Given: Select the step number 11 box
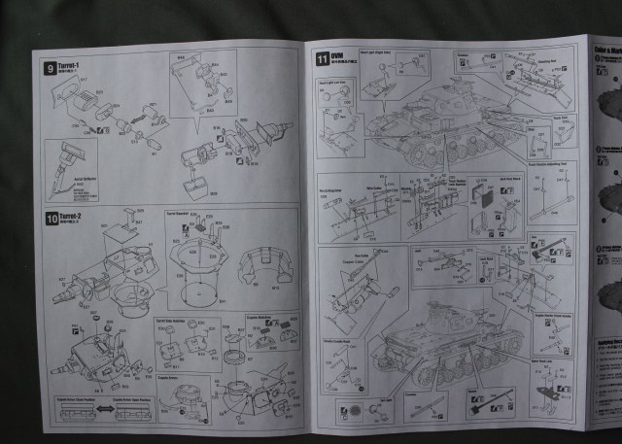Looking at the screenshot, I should click(323, 58).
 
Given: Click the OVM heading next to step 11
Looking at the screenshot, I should click(337, 55).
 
